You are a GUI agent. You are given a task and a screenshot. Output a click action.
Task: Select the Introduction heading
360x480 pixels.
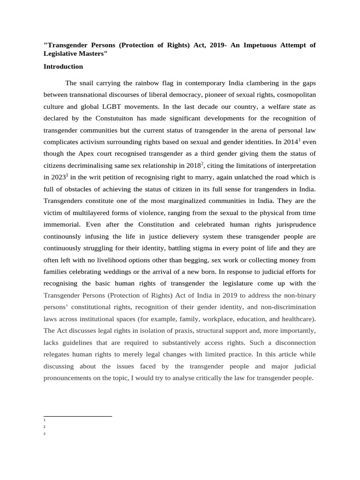click(63, 67)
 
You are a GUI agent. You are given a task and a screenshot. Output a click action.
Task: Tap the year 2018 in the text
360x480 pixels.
click(191, 165)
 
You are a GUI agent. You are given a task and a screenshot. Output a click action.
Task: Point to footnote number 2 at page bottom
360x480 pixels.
click(44, 427)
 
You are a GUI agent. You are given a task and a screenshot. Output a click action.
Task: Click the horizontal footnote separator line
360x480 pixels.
click(77, 416)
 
